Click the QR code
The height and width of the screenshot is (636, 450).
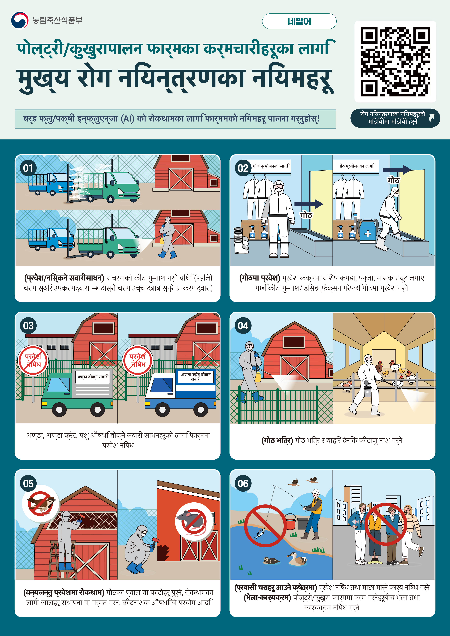[x=395, y=62]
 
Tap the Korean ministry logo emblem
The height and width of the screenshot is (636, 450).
[x=20, y=20]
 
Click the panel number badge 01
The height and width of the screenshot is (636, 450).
[x=28, y=168]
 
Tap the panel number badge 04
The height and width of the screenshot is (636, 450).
[x=243, y=325]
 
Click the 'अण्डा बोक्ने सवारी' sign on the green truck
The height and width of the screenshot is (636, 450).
[x=92, y=377]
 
